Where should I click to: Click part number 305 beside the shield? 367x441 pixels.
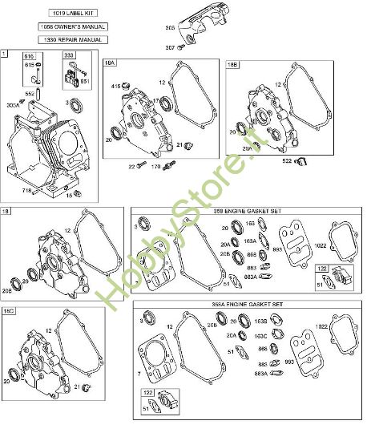(x=170, y=28)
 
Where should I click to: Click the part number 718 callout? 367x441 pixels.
(x=27, y=190)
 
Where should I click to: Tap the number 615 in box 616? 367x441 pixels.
(x=30, y=64)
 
